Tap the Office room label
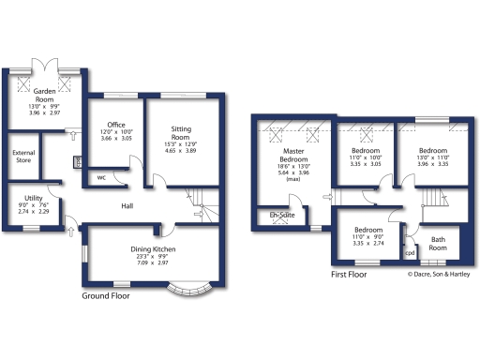tap(116, 125)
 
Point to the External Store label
tap(22, 157)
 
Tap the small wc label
tap(100, 177)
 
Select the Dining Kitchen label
tap(151, 248)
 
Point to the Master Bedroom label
tap(295, 155)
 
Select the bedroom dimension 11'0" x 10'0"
tap(365, 157)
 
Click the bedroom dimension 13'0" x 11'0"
tap(433, 157)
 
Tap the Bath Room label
tap(439, 243)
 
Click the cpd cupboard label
tap(410, 253)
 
